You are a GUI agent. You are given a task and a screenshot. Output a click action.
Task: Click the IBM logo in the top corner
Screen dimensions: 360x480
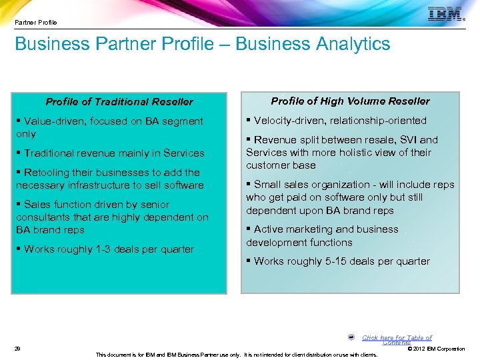(x=445, y=15)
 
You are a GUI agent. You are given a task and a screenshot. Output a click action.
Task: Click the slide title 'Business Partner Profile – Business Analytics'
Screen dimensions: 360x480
(x=202, y=45)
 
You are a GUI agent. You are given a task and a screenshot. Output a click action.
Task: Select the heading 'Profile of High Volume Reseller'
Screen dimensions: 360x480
(x=350, y=101)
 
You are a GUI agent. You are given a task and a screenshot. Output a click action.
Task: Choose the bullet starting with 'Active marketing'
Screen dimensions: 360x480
(x=325, y=236)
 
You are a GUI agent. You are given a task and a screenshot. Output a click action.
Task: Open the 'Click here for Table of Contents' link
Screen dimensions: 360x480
(x=397, y=339)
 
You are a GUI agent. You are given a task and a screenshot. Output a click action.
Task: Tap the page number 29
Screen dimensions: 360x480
(x=17, y=348)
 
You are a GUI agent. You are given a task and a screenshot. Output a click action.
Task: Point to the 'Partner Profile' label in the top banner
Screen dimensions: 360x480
(x=36, y=23)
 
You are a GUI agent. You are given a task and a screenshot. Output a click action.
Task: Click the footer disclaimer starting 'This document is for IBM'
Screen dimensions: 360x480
(x=237, y=355)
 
